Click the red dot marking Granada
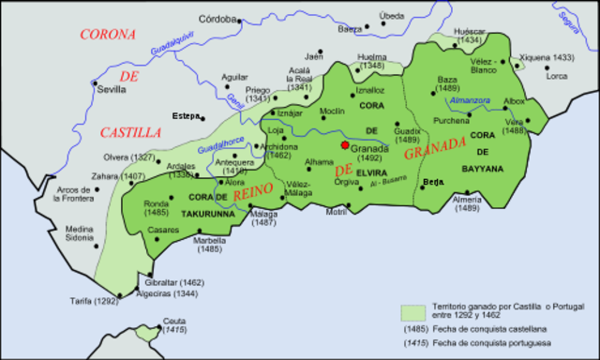pos(346,145)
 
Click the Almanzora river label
pos(470,99)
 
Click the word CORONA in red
pos(108,35)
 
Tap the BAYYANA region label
pos(483,169)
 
